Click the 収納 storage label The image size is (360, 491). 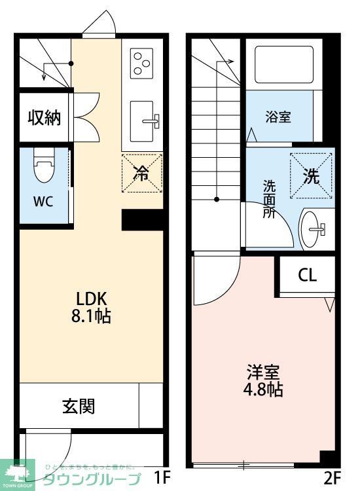[x=44, y=118]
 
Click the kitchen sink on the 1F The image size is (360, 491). [x=143, y=120]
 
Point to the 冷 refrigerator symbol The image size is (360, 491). [x=141, y=173]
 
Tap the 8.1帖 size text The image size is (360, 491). [x=90, y=316]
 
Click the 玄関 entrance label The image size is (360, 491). [x=79, y=406]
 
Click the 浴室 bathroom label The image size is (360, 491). [x=278, y=118]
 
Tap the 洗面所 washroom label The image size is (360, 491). [x=269, y=199]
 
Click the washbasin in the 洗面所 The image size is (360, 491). [x=314, y=229]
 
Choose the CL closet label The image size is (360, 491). [x=307, y=275]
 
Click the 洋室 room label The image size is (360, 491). [x=264, y=372]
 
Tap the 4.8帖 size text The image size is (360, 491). [x=264, y=391]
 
